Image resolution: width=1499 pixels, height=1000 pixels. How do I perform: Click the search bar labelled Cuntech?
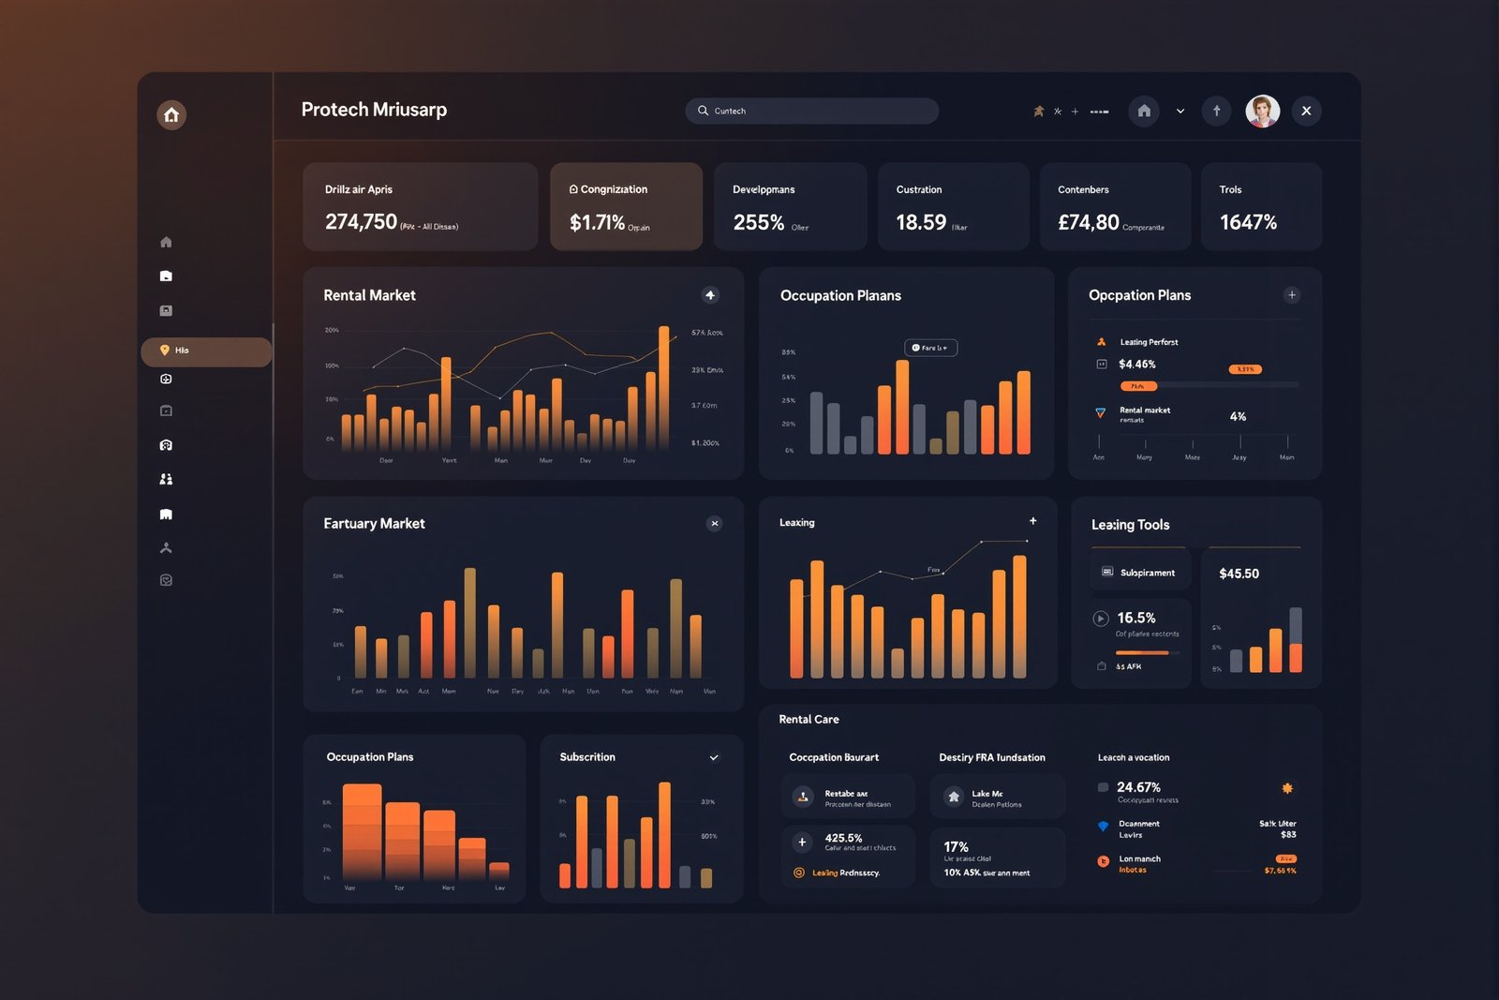(811, 111)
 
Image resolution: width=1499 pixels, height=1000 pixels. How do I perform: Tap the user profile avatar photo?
(1262, 111)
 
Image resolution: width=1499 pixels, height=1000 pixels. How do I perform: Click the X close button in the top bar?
(1306, 111)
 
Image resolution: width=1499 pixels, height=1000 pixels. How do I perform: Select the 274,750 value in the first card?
(361, 222)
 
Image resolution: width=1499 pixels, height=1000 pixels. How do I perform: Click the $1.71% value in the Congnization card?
(597, 222)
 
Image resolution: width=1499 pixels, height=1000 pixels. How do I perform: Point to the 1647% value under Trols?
(1248, 222)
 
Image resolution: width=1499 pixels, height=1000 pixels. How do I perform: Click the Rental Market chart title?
(369, 295)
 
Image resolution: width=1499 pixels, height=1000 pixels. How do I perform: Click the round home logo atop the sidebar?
(171, 114)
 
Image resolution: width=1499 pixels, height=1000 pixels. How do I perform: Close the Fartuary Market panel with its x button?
(715, 524)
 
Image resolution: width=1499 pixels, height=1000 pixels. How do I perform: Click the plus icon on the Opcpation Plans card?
(1292, 295)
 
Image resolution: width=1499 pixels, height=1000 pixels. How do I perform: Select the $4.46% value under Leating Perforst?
(1136, 365)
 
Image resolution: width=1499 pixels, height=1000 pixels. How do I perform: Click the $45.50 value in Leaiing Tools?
(1239, 574)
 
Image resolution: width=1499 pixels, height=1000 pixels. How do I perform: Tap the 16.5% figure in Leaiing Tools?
(1135, 618)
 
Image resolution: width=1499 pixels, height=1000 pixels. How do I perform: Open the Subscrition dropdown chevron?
(714, 757)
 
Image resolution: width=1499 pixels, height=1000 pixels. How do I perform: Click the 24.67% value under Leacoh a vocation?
(1138, 787)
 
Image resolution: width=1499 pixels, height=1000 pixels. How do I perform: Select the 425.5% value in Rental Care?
(843, 838)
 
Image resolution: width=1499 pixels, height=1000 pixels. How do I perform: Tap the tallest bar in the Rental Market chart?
(664, 389)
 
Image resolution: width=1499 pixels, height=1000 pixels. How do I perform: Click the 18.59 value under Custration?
(921, 222)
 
